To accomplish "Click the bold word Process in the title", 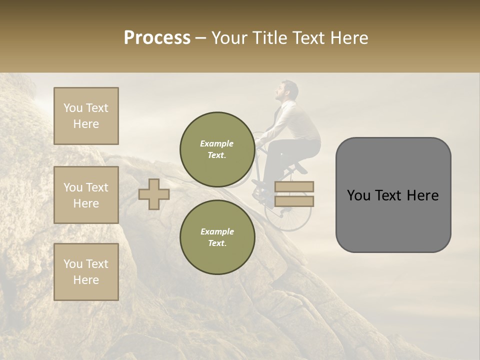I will [157, 38].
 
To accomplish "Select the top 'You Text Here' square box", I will [86, 116].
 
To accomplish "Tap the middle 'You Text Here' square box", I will [86, 195].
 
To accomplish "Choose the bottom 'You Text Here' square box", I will [86, 272].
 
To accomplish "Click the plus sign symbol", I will [153, 194].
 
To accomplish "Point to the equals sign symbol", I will [294, 194].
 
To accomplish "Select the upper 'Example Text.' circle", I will [217, 149].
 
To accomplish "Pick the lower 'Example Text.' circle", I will [217, 237].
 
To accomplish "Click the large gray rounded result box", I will [393, 195].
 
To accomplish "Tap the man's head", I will [287, 91].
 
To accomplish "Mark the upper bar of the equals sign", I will [294, 187].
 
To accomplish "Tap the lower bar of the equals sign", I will [294, 201].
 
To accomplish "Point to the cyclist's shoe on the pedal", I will [260, 183].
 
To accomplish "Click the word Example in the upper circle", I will [217, 143].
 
